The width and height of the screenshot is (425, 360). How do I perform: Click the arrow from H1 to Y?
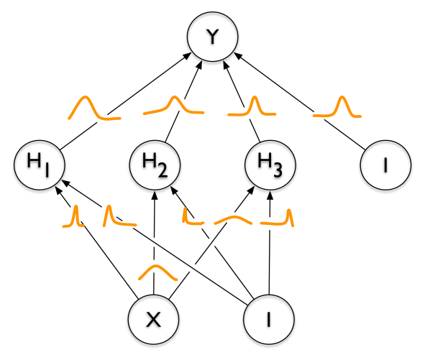(137, 94)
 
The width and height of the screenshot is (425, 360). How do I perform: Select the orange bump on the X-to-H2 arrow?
(156, 272)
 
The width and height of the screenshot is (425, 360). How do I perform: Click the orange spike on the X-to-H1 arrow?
(74, 216)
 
